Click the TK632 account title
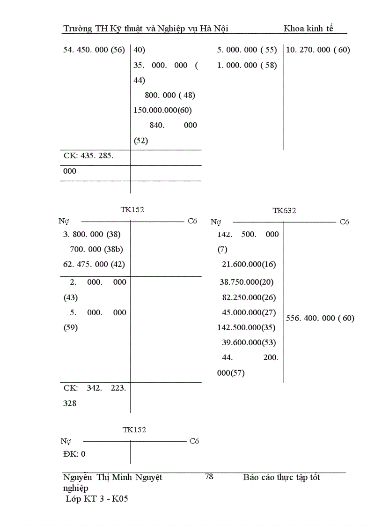284,211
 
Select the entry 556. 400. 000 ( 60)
320,318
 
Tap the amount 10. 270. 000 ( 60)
318,50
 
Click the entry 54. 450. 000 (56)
94,50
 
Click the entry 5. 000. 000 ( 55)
247,50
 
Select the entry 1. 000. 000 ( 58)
247,65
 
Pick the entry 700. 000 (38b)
96,249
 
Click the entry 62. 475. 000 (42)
94,264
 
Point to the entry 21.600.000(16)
249,264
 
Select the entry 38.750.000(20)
247,282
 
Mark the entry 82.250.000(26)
249,297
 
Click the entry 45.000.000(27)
249,312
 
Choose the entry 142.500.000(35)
247,327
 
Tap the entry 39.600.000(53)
249,342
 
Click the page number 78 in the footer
209,476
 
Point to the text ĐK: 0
74,454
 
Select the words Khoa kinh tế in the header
309,29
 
